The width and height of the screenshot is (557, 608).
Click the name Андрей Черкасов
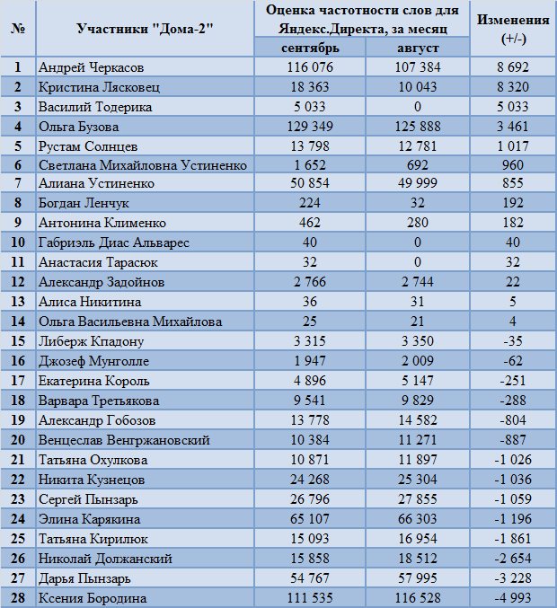[x=91, y=67]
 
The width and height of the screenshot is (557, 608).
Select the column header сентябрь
[x=310, y=48]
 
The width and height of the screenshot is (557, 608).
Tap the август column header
[x=418, y=48]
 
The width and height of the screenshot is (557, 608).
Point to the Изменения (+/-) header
[x=513, y=29]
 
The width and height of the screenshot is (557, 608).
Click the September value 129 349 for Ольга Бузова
[x=310, y=127]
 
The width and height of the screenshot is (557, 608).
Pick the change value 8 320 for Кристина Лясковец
[x=513, y=87]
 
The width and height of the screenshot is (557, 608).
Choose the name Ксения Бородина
[x=93, y=598]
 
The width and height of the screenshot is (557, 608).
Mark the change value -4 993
[x=513, y=598]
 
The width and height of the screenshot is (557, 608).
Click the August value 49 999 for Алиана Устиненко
[x=418, y=183]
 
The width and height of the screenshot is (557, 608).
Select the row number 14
[x=18, y=322]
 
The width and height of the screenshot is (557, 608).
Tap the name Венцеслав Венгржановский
[x=124, y=440]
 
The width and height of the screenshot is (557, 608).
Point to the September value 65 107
[x=310, y=519]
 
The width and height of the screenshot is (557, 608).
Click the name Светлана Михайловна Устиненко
[x=143, y=165]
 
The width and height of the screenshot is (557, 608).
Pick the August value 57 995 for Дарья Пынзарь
[x=418, y=578]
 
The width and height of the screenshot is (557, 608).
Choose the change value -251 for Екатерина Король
[x=513, y=381]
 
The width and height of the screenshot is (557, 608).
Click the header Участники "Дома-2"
[x=145, y=29]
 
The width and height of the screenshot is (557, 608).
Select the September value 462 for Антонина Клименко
[x=310, y=223]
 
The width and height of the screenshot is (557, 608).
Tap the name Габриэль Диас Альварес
[x=114, y=242]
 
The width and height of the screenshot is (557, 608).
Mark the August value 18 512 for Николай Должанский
[x=418, y=559]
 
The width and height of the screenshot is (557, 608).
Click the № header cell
[x=18, y=29]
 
